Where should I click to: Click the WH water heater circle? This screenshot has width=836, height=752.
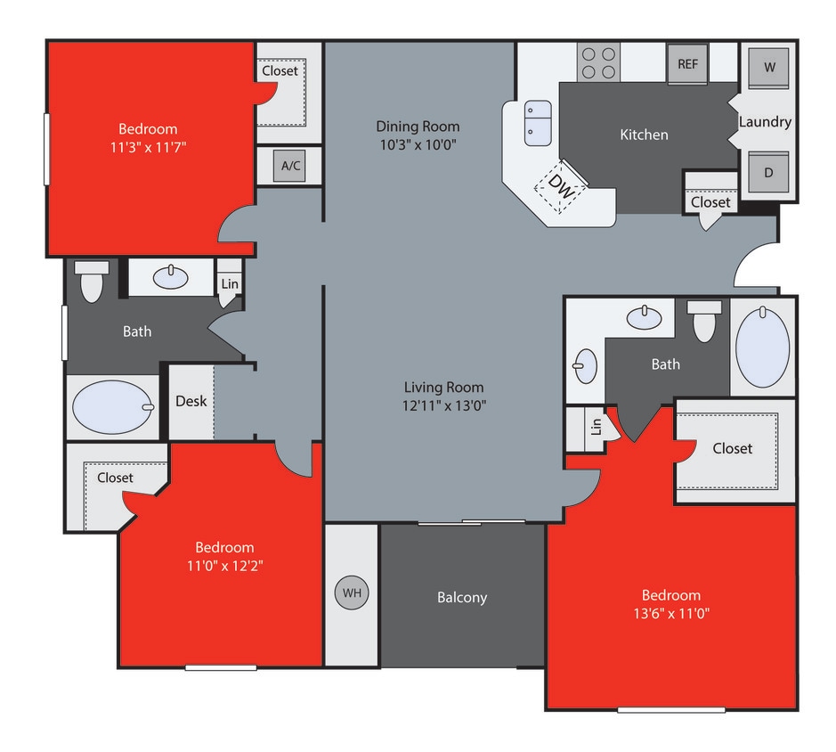[x=352, y=593]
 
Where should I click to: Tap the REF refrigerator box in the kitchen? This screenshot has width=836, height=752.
[x=687, y=64]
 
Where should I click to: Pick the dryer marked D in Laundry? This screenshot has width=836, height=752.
[x=768, y=173]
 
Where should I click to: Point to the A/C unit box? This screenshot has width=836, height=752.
[x=290, y=166]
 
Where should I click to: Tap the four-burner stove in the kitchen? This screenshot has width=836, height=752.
[x=598, y=63]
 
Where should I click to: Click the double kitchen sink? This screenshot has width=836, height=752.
[x=538, y=123]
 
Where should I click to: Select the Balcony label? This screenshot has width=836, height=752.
[x=462, y=597]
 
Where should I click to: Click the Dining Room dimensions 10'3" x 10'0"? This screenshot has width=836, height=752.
[x=418, y=144]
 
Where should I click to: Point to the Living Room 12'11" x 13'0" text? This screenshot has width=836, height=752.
[x=444, y=405]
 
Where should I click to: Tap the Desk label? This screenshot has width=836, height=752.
[x=191, y=401]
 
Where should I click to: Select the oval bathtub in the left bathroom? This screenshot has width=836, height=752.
[x=113, y=407]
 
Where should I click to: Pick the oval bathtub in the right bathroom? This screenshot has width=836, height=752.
[x=763, y=347]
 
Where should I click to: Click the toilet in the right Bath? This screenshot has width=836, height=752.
[x=704, y=322]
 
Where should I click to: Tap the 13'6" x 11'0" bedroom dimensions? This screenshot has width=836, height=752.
[x=670, y=613]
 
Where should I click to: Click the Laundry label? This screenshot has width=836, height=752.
[x=765, y=121]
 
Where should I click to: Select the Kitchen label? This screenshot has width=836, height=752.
[x=644, y=135]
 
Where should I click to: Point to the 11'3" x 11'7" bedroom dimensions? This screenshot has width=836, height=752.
[x=148, y=147]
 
